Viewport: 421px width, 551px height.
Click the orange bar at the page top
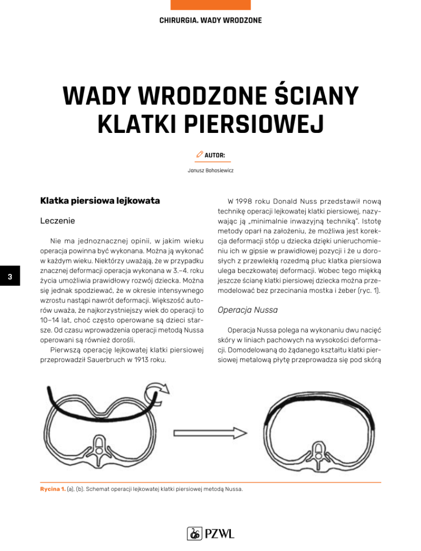click(x=210, y=5)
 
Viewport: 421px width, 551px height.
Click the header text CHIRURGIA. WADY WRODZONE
click(x=210, y=20)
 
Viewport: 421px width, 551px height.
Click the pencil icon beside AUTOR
click(x=199, y=154)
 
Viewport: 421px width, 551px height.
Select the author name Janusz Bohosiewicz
click(x=210, y=171)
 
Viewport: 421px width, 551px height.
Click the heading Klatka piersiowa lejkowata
click(x=100, y=201)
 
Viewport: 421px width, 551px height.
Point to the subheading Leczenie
click(x=58, y=221)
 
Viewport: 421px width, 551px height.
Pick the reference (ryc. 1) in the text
click(x=370, y=291)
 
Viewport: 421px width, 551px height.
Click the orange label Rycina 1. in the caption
click(x=53, y=489)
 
